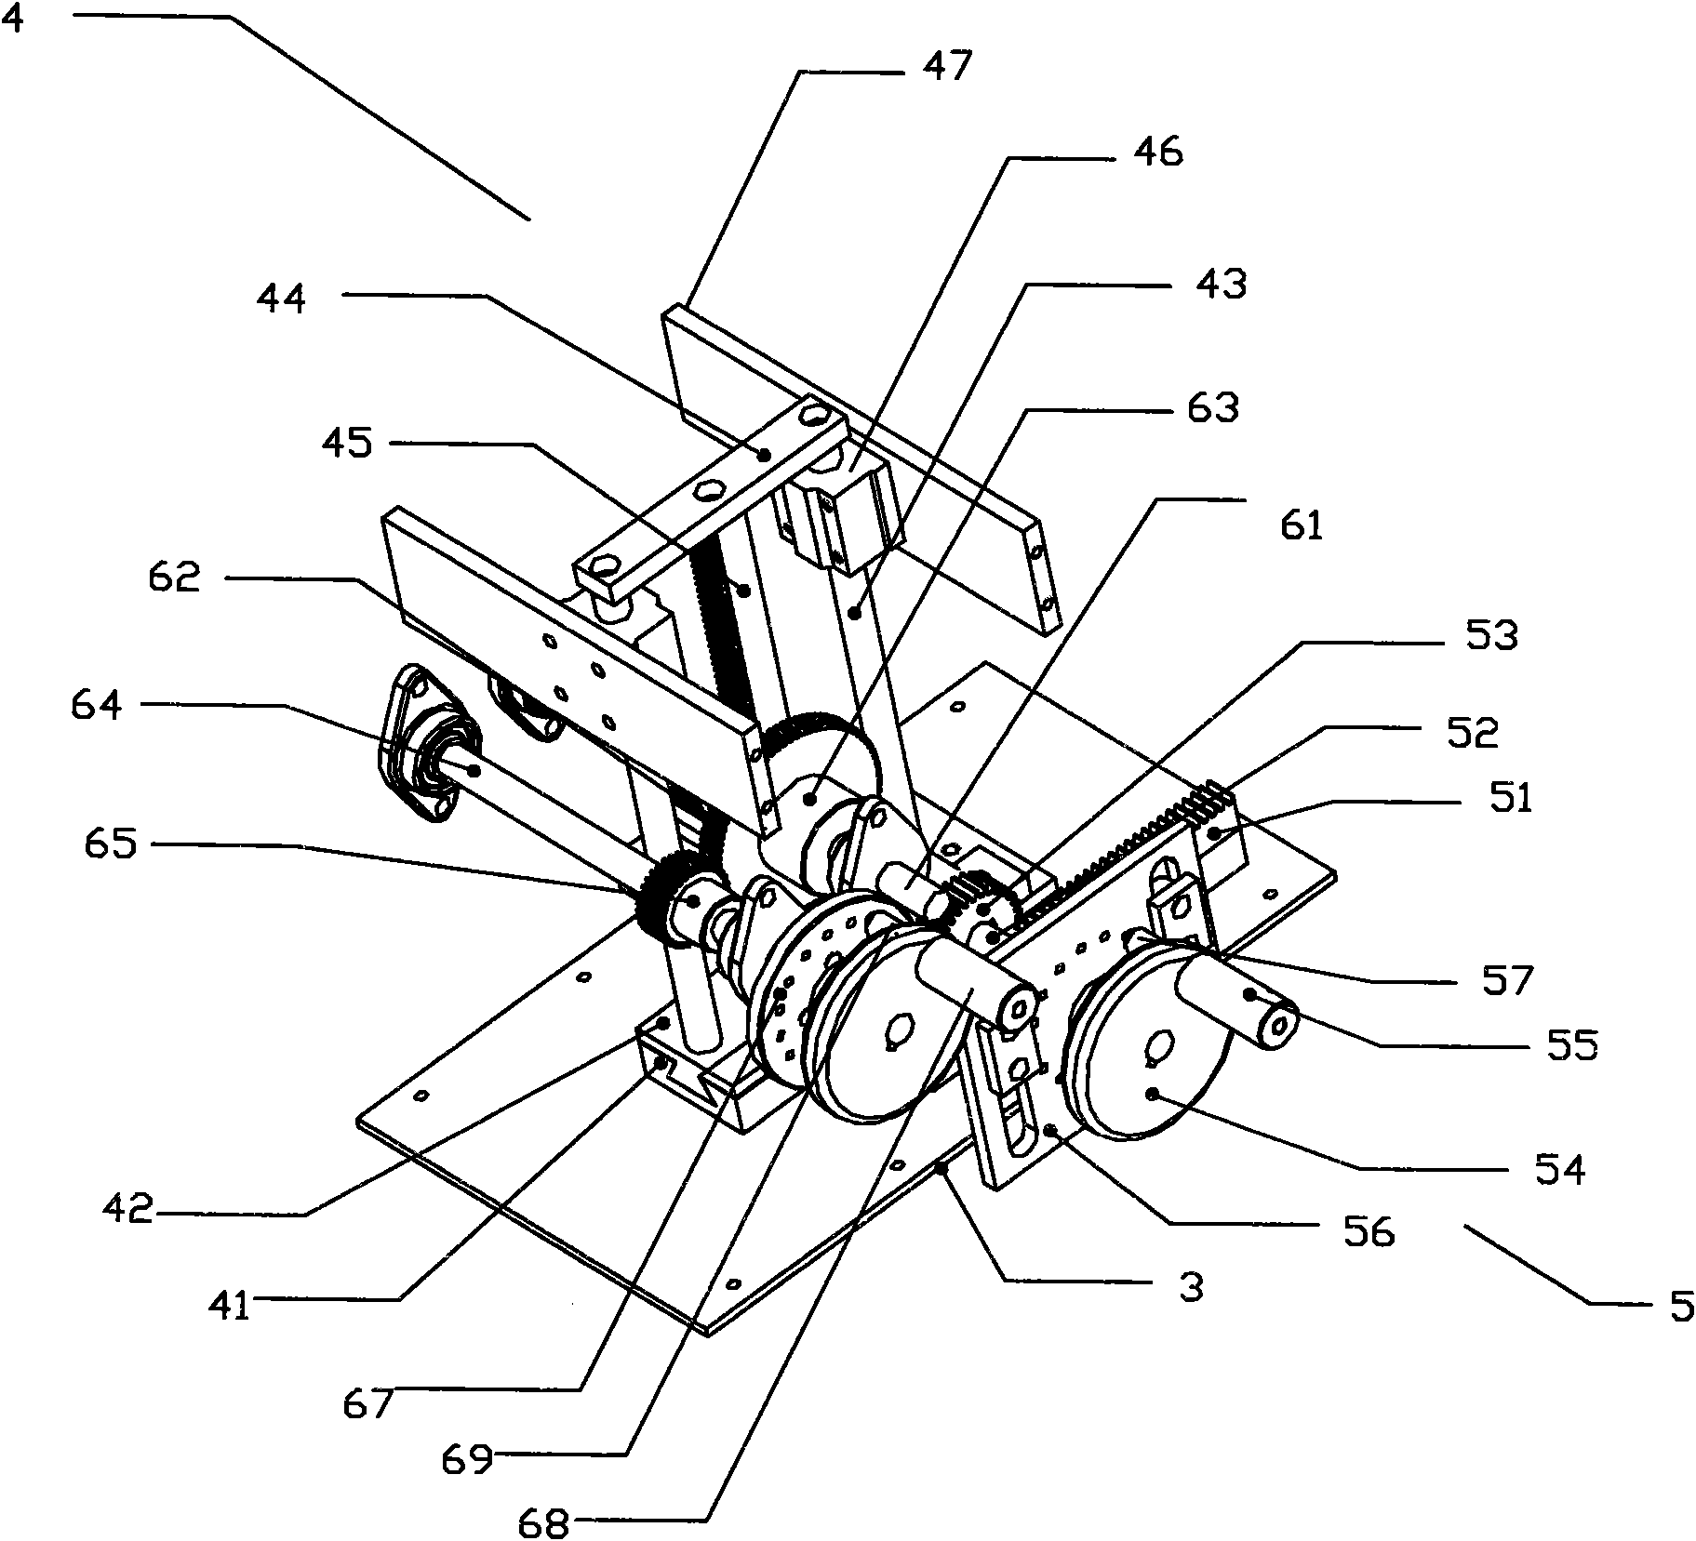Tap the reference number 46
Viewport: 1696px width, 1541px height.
click(1157, 151)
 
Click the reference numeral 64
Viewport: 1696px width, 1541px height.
click(96, 704)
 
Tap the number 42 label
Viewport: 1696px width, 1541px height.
click(130, 1209)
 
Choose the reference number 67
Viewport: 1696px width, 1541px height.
click(367, 1402)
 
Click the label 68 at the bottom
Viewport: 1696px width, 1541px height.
click(543, 1523)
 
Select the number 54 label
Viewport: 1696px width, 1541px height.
click(1559, 1169)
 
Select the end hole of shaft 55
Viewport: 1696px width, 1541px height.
click(1281, 1025)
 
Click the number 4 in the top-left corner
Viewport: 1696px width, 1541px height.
click(13, 20)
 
